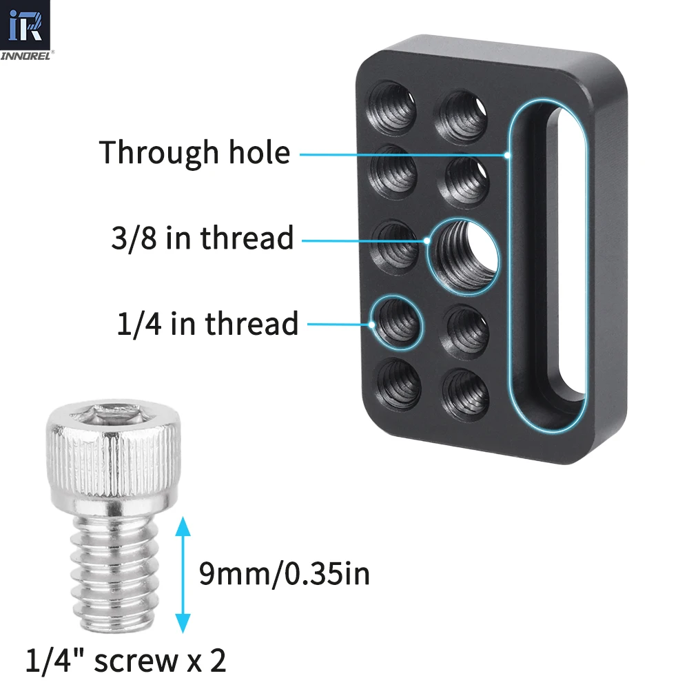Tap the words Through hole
[x=195, y=153]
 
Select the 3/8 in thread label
[x=202, y=238]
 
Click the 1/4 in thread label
[x=207, y=323]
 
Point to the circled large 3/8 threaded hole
[x=463, y=256]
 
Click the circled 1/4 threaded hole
[x=396, y=322]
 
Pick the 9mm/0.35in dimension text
[x=285, y=573]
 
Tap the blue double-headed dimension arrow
[x=183, y=575]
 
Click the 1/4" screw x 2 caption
[x=125, y=660]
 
